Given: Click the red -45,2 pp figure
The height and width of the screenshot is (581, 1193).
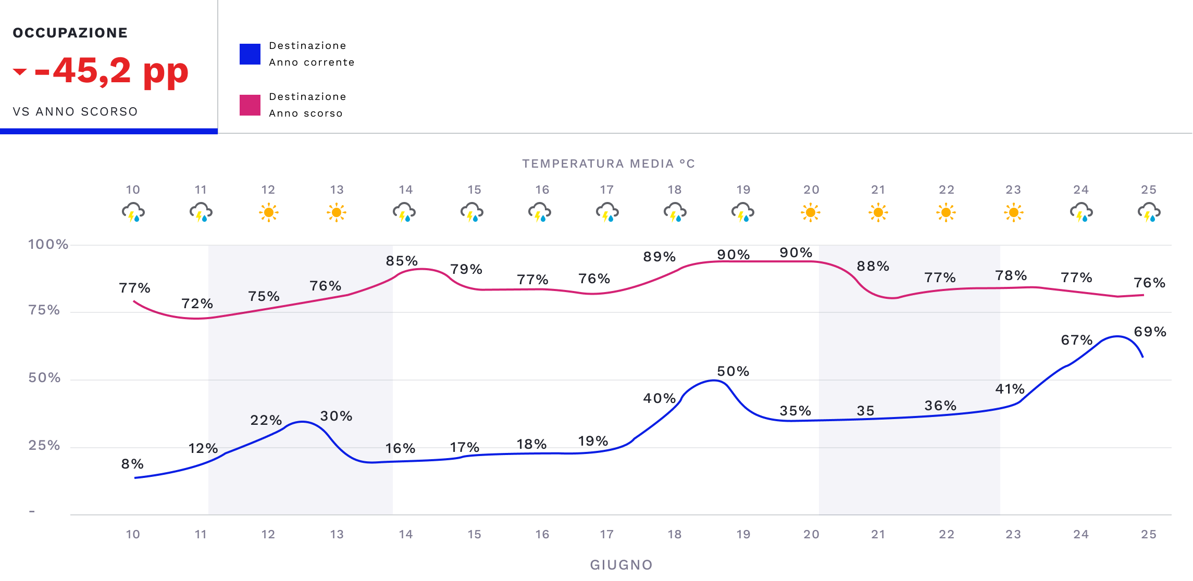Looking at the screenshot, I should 110,71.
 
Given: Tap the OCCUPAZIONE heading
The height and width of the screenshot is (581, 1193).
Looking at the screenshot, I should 70,33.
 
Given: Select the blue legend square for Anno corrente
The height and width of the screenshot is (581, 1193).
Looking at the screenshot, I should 250,54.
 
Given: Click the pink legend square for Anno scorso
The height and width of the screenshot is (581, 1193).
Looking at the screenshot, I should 250,105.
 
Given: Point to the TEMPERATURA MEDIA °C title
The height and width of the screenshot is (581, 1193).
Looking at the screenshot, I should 608,164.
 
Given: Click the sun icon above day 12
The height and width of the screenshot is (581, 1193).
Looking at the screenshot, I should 269,212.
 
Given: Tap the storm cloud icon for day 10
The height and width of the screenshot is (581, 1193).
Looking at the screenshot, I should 133,212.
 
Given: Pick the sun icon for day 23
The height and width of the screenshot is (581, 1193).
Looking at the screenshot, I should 1013,212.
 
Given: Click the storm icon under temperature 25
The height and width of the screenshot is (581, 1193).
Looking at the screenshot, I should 1149,212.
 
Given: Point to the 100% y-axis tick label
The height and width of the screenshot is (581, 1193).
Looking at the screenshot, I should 48,244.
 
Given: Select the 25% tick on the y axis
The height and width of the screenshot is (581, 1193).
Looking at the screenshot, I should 44,446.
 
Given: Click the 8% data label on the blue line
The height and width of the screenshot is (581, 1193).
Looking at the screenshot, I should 132,464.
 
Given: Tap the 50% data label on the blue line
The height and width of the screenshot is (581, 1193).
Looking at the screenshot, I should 733,371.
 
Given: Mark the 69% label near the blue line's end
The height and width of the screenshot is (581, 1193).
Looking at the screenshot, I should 1150,332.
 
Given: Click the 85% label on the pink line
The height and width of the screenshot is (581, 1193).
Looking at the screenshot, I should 402,261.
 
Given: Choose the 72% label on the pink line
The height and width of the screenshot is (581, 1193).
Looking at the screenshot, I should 197,304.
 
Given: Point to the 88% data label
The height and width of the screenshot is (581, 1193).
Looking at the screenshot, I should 873,266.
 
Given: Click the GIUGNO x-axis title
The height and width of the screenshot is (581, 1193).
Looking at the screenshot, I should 621,565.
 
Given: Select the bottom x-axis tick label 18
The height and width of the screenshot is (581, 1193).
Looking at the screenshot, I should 675,534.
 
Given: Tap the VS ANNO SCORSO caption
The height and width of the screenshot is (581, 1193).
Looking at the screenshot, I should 76,111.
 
